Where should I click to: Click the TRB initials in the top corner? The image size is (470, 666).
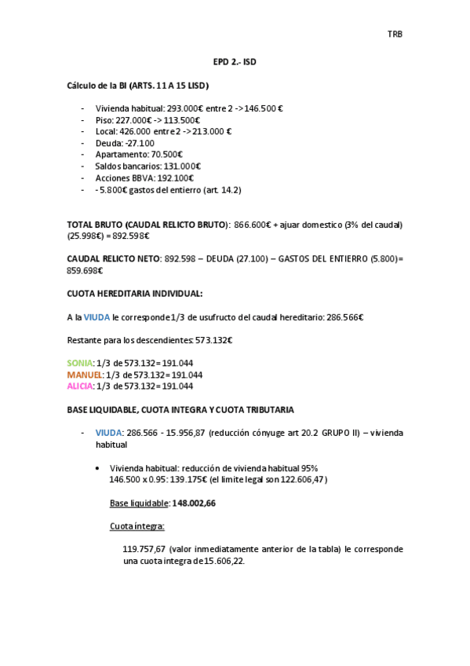(395, 34)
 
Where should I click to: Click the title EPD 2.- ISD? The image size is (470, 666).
(235, 61)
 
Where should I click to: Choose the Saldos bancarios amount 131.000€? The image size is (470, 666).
(182, 166)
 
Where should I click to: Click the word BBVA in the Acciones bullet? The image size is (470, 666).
(141, 178)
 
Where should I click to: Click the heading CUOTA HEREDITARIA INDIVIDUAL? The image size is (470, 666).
(134, 293)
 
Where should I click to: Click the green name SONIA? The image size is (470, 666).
(79, 363)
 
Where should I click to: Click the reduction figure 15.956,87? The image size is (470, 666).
(185, 433)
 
